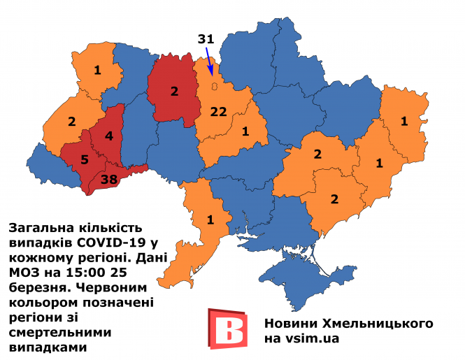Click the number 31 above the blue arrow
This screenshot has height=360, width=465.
[x=205, y=40]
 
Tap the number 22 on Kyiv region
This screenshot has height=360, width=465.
[x=219, y=112]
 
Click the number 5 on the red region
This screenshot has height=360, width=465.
[x=85, y=159]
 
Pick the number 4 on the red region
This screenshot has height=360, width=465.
[x=108, y=135]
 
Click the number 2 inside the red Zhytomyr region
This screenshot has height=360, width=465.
[x=174, y=92]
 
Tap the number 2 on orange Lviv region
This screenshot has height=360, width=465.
[x=71, y=120]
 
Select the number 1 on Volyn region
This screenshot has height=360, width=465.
[x=96, y=69]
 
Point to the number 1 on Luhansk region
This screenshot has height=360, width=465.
[x=404, y=121]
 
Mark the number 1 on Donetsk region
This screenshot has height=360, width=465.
[x=378, y=163]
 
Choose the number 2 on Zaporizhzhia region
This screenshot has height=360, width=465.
[x=334, y=199]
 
